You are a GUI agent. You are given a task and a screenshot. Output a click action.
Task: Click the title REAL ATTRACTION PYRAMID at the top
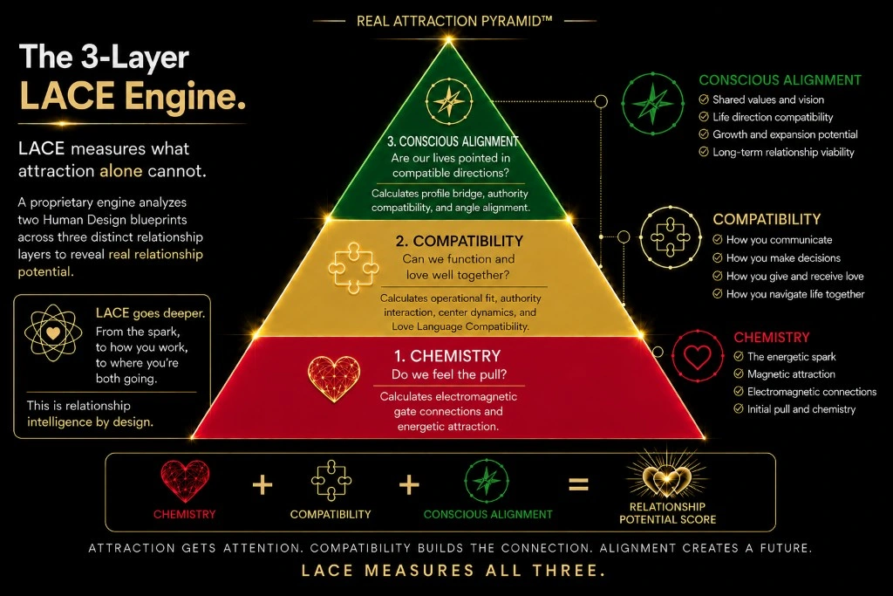[453, 21]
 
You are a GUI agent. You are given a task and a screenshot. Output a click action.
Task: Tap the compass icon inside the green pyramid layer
[449, 101]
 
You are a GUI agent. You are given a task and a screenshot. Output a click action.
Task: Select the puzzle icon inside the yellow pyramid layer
[353, 268]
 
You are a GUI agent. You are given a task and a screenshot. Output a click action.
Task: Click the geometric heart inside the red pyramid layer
[334, 378]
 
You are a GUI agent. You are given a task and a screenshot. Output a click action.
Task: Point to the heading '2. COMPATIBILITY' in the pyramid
[459, 241]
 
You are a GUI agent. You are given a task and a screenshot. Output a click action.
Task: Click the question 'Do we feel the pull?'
[449, 374]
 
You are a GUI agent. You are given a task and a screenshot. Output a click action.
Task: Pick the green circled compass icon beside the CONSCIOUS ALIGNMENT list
[652, 103]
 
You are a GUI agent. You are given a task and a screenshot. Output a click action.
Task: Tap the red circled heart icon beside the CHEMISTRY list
[697, 356]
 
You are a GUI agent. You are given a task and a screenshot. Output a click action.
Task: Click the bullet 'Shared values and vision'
[768, 99]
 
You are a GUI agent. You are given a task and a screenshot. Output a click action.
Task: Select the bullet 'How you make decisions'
[783, 258]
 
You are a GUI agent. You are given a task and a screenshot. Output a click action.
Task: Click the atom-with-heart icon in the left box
[53, 332]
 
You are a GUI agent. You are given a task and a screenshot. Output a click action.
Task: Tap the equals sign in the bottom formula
[579, 485]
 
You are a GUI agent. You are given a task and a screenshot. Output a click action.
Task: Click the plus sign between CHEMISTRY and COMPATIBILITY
[262, 485]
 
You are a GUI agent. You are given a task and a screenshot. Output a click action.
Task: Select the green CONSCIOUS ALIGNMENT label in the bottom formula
[488, 514]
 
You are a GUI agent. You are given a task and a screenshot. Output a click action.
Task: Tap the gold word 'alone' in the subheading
[120, 171]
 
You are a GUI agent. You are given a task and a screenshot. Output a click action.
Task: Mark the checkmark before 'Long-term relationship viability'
[704, 152]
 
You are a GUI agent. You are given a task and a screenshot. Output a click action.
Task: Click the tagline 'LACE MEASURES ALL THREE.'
[453, 570]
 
